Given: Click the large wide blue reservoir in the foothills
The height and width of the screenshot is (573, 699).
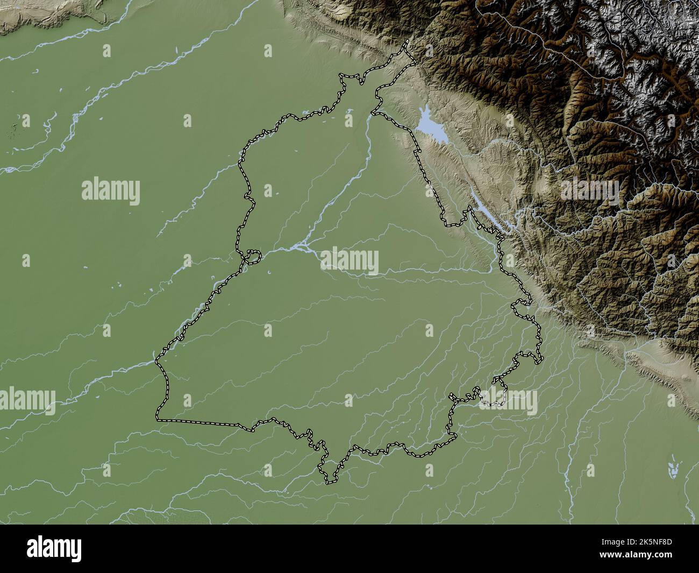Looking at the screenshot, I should click(430, 127).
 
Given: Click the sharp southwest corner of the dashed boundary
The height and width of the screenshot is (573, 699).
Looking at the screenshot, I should click(158, 418).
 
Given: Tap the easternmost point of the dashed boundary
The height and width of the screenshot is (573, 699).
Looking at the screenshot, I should click(541, 357).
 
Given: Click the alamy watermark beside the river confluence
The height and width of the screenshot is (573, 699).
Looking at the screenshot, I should click(349, 261).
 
